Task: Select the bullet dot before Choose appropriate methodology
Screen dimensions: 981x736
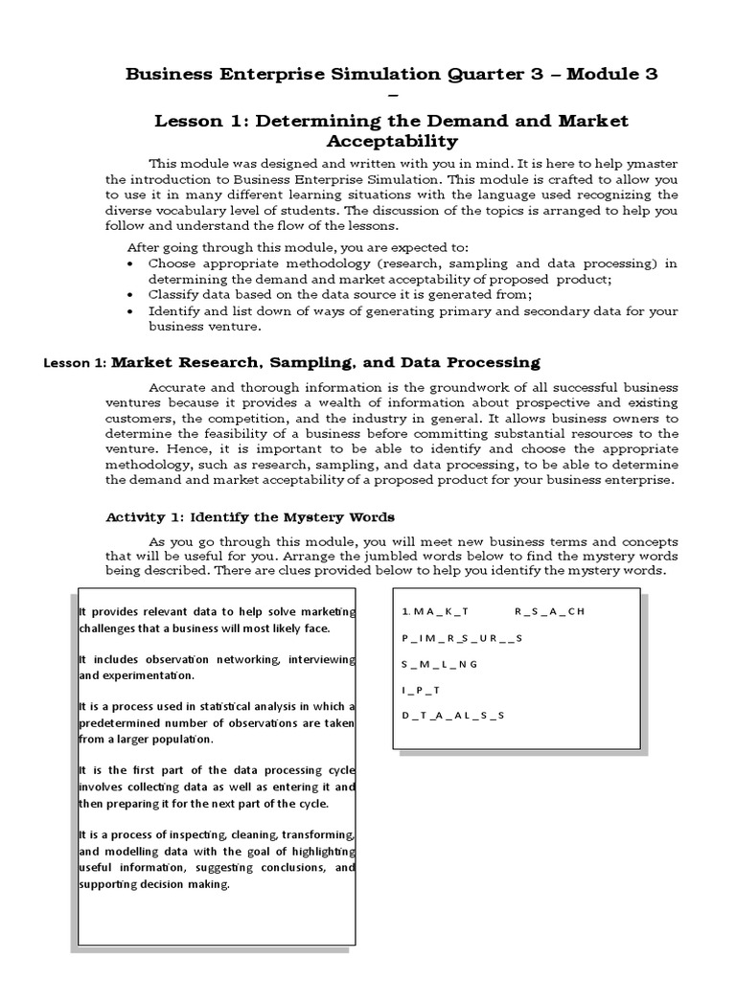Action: tap(130, 262)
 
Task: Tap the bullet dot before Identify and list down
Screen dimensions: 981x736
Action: tap(130, 311)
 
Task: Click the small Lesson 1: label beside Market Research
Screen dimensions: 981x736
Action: tap(76, 363)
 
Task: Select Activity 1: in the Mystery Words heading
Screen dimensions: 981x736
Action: tap(145, 517)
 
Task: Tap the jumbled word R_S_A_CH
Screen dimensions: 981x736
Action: tap(549, 610)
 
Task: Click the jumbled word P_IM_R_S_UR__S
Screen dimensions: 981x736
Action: tap(462, 637)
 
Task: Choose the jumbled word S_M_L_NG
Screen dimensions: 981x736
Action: tap(439, 663)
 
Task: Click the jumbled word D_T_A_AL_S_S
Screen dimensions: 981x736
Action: tap(452, 715)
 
